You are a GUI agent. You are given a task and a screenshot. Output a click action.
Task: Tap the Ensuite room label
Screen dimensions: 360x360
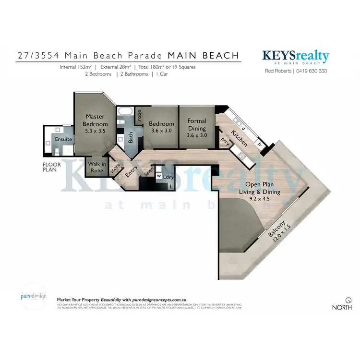[63, 139]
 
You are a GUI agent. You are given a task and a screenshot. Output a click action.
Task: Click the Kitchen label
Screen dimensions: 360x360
[239, 138]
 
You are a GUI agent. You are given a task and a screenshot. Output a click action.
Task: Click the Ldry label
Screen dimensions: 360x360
[168, 177]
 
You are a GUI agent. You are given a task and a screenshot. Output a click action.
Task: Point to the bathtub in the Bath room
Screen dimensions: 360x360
[126, 113]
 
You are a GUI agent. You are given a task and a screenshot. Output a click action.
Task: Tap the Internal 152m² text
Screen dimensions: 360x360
[76, 67]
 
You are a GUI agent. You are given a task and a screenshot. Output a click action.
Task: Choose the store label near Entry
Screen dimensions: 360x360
[115, 168]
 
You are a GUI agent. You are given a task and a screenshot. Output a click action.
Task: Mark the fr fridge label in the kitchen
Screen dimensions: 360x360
[259, 143]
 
